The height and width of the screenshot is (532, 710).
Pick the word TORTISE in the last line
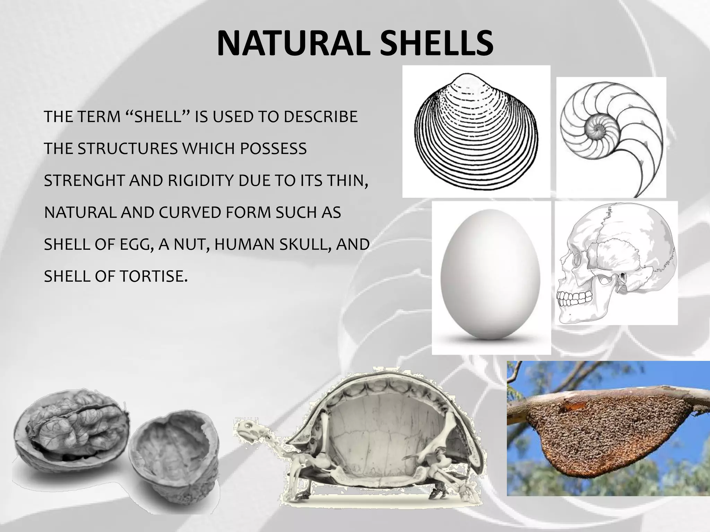tap(153, 276)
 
